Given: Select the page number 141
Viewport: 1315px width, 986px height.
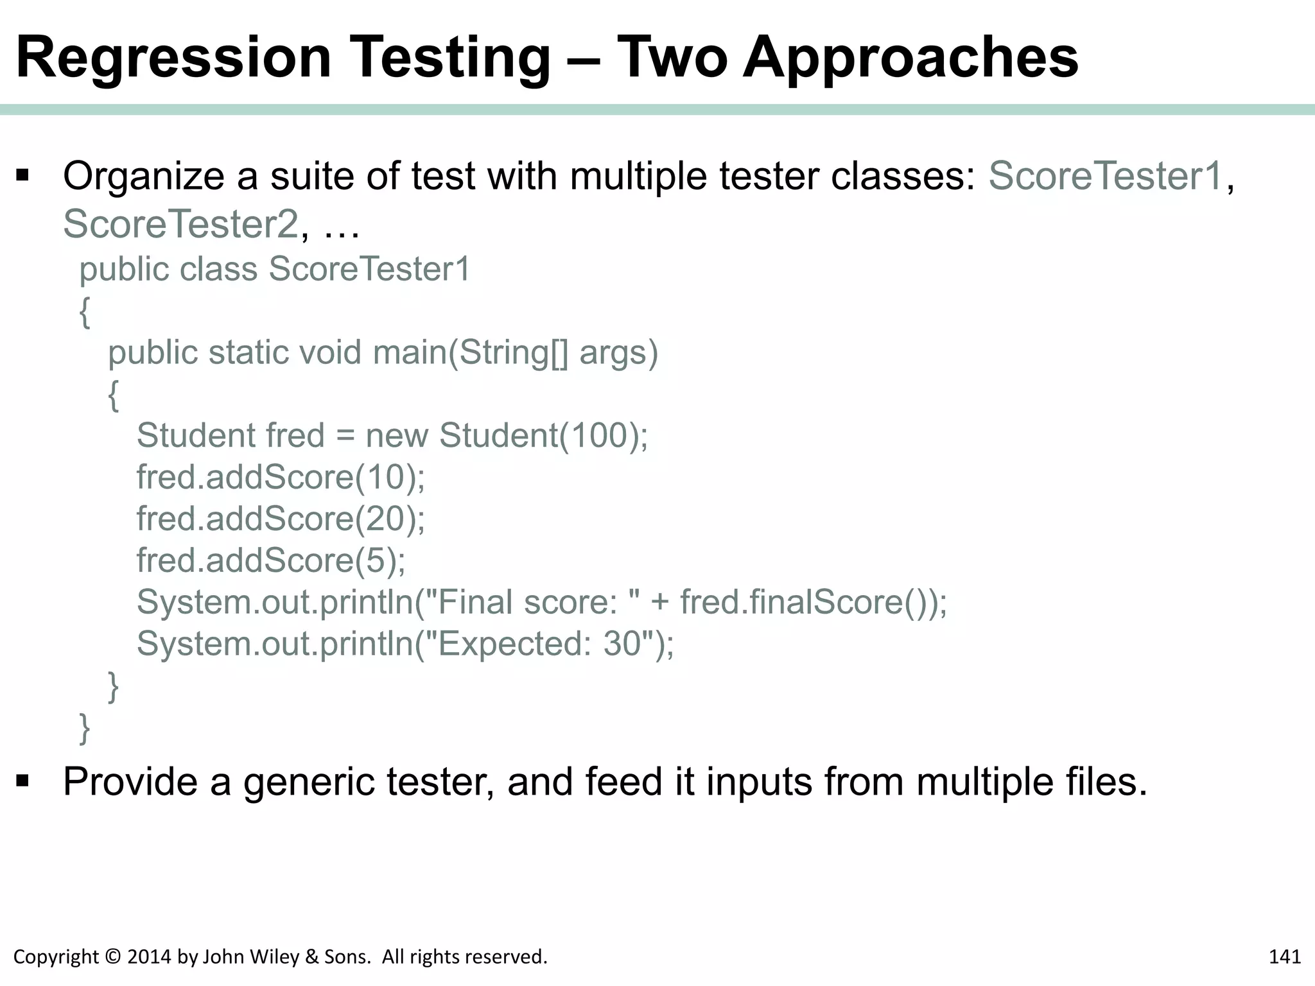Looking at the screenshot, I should pyautogui.click(x=1284, y=957).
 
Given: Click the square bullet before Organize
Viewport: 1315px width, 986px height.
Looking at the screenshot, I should pyautogui.click(x=23, y=175).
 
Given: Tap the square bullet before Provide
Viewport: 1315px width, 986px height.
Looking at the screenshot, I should pyautogui.click(x=23, y=781).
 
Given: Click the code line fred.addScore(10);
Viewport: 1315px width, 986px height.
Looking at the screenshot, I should pyautogui.click(x=281, y=477).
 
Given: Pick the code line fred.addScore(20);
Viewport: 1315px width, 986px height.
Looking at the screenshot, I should pyautogui.click(x=281, y=519).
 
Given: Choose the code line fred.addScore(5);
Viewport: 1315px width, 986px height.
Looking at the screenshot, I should pyautogui.click(x=271, y=560).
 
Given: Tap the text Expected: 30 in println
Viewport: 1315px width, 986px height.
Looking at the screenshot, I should pyautogui.click(x=541, y=643).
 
